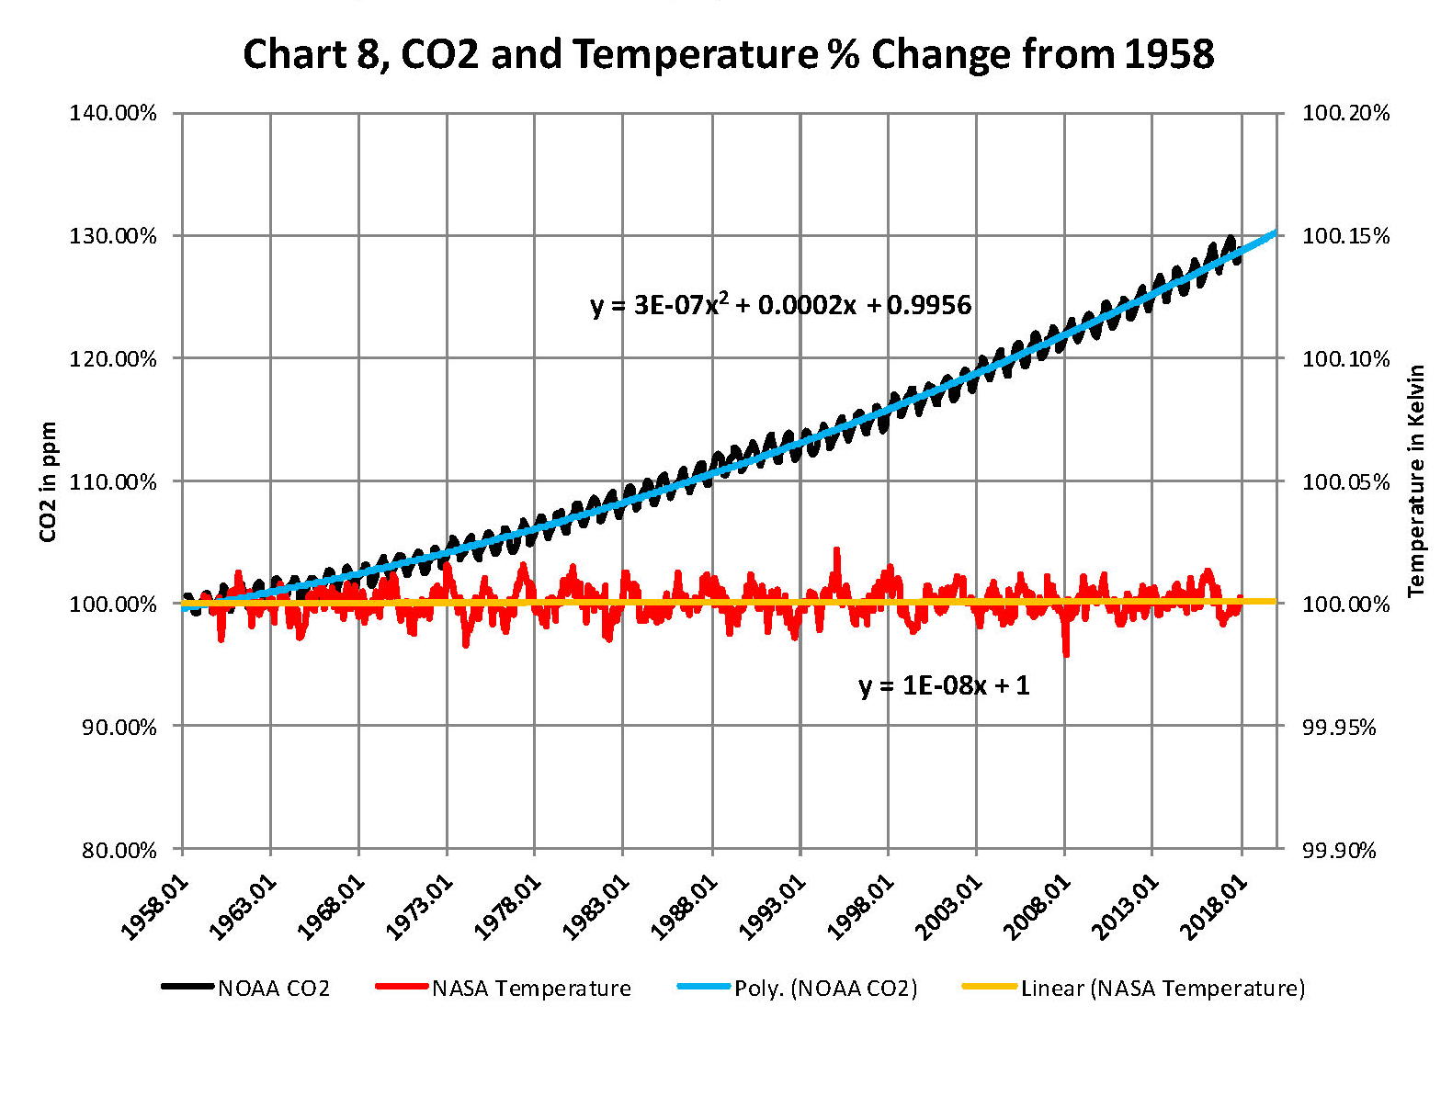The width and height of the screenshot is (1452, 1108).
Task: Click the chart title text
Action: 728,55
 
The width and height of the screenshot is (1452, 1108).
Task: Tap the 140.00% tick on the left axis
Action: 113,114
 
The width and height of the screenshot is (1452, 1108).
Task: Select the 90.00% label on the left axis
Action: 113,727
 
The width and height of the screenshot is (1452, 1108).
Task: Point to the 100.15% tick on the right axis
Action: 1345,236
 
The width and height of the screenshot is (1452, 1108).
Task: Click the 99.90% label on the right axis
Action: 1339,850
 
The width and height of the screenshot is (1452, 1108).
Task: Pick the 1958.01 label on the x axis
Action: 155,907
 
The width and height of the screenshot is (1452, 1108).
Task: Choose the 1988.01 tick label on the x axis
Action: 684,907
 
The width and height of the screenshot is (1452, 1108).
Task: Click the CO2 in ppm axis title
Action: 48,481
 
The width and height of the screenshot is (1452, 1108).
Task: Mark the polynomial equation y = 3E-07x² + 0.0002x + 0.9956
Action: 780,305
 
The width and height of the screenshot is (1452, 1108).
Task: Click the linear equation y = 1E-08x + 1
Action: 944,685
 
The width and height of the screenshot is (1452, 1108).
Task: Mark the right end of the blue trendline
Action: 1276,232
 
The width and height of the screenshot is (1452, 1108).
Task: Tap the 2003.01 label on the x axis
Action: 948,907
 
